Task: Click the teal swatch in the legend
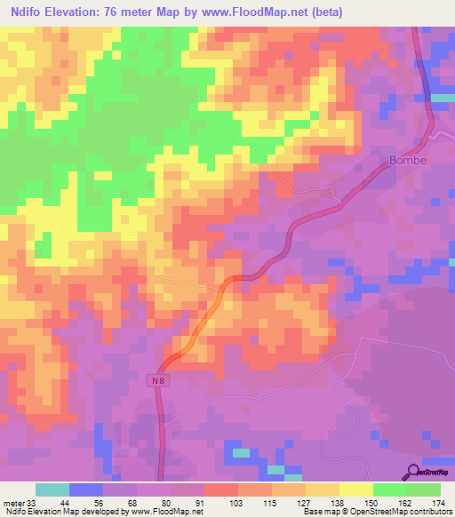point(52,489)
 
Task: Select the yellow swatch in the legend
point(355,489)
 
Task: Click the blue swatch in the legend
point(85,489)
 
